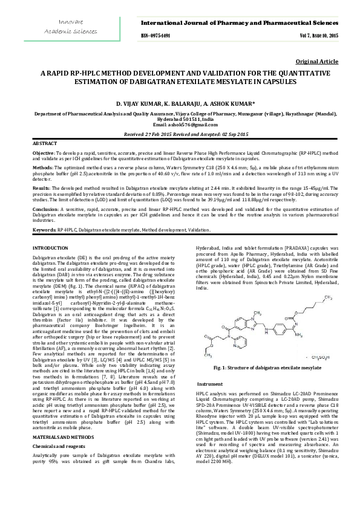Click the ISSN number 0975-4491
pyautogui.click(x=155, y=36)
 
